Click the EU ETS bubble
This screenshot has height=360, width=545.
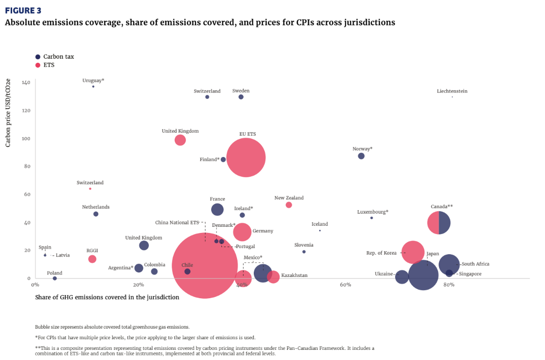246,158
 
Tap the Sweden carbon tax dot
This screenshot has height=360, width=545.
241,97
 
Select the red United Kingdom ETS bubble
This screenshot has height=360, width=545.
180,140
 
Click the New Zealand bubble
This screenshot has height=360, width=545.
289,205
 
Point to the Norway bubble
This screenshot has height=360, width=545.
361,156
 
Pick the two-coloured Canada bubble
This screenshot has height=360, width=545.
439,223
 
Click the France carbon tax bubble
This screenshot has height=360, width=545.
217,210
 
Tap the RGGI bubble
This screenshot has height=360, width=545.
92,259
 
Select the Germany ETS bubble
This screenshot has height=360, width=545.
242,232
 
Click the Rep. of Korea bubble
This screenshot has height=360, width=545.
413,252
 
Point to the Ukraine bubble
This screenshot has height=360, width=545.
402,277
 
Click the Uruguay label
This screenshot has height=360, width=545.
93,81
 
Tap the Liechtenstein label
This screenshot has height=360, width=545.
452,92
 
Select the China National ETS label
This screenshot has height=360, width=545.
177,222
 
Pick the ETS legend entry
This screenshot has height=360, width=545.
49,65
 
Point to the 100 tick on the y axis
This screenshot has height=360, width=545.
26,139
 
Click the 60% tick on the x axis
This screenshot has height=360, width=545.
346,285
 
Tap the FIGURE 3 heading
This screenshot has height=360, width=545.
23,11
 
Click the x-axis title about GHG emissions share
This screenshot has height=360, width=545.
107,297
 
